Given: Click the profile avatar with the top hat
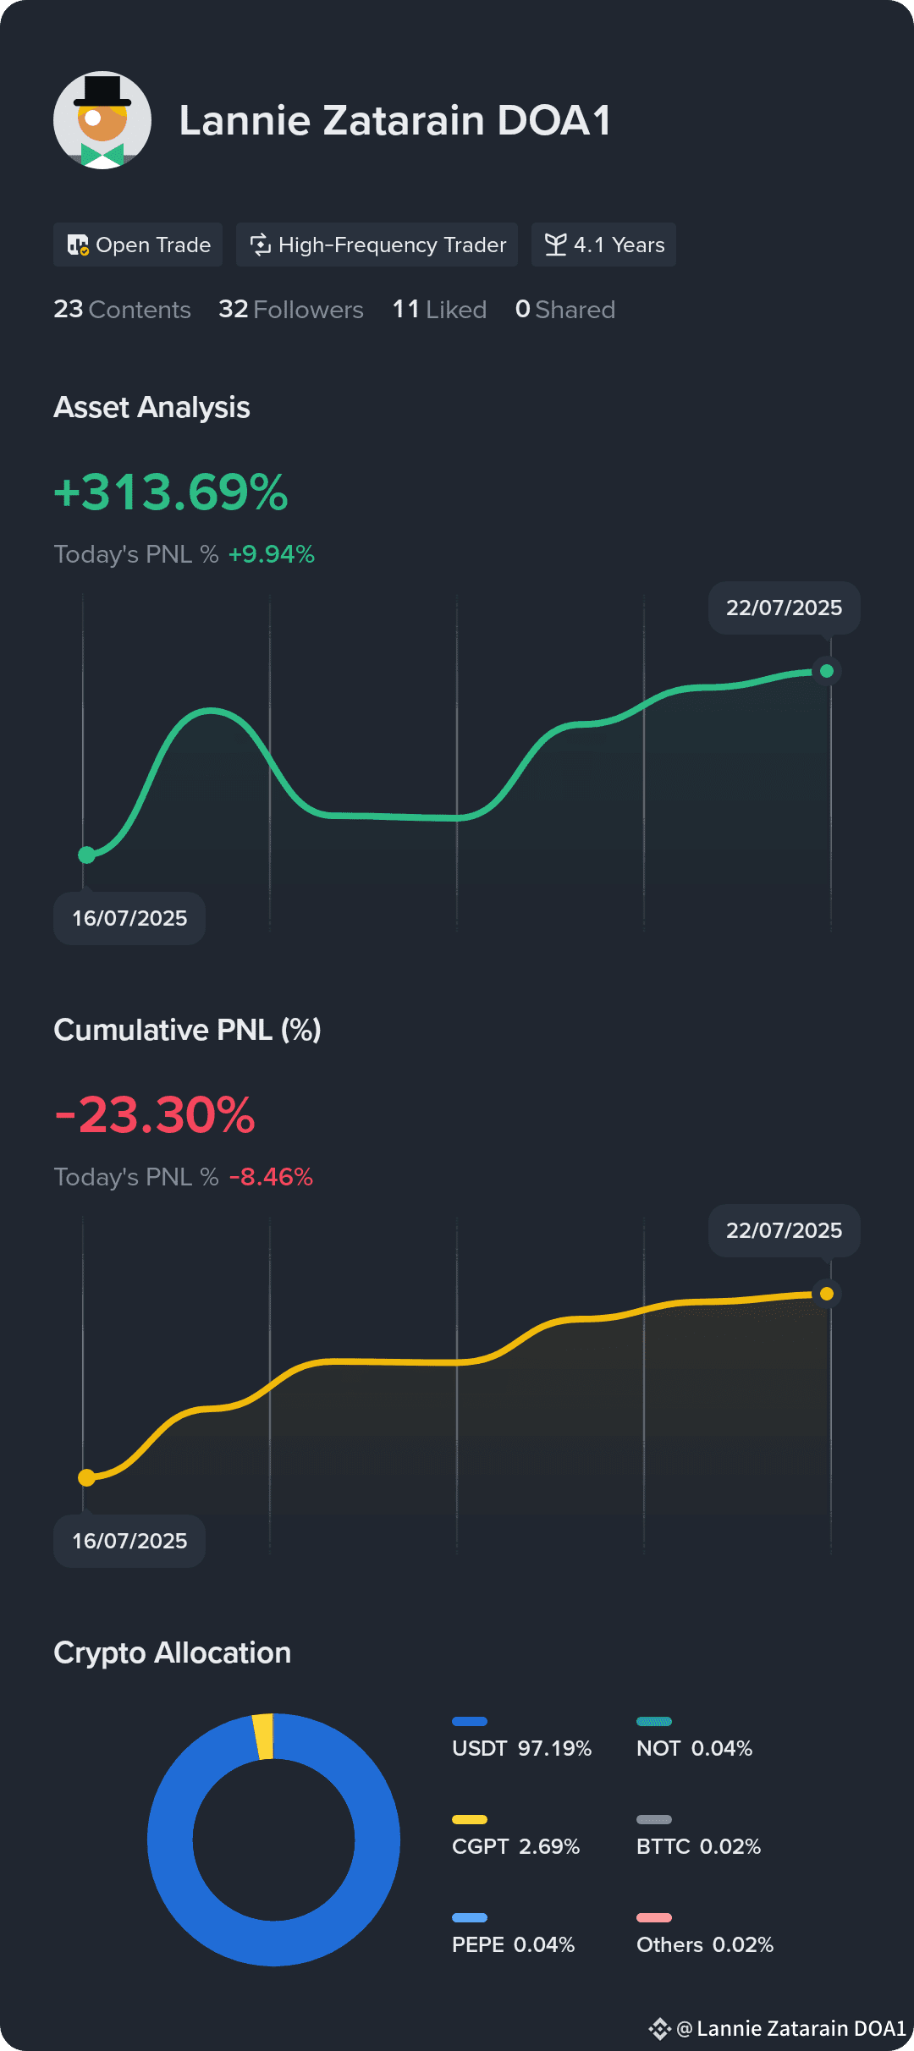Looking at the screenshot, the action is (x=102, y=120).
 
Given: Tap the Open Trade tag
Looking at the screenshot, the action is (x=138, y=245).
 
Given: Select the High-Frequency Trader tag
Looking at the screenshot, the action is (x=377, y=245).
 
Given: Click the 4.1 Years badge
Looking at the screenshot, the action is (x=603, y=245).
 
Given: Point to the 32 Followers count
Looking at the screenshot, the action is (x=291, y=310).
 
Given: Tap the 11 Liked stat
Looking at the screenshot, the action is (x=439, y=310).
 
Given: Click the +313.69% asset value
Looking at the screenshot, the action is (x=171, y=492).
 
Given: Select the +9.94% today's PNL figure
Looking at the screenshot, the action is (x=272, y=554).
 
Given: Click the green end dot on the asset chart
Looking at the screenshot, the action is (x=827, y=671).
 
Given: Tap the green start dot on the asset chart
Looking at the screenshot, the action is (x=86, y=855).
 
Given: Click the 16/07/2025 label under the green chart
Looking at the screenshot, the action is (x=129, y=918).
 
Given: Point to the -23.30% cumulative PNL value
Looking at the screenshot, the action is (x=155, y=1115).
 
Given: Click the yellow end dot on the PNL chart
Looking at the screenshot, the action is (x=827, y=1294).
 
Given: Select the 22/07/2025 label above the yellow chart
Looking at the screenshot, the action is (x=785, y=1230).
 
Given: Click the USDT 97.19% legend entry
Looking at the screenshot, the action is (x=522, y=1740).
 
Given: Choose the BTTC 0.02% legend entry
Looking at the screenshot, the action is (x=698, y=1838).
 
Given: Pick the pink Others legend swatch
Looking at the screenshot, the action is (x=654, y=1917).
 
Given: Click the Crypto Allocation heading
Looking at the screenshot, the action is (x=173, y=1652).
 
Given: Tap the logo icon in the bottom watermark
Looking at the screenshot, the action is (x=660, y=2028).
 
